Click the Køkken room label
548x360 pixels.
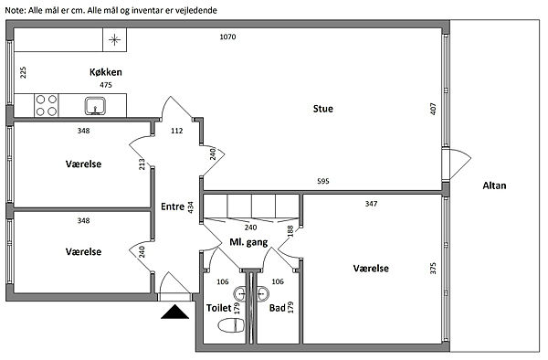click(x=106, y=72)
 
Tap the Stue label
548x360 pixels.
click(x=323, y=109)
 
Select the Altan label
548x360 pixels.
click(x=494, y=185)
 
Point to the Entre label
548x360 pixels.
click(x=173, y=206)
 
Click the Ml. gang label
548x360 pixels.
click(x=248, y=242)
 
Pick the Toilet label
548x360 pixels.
click(x=219, y=308)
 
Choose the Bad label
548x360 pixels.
click(x=278, y=308)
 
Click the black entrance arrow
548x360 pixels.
click(x=174, y=312)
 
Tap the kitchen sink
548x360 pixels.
click(x=95, y=106)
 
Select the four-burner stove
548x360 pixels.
click(x=47, y=106)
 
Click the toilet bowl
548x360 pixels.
click(x=231, y=326)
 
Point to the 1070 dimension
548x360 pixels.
click(x=227, y=37)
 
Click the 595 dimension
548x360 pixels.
click(x=323, y=181)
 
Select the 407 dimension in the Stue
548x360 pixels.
click(x=433, y=109)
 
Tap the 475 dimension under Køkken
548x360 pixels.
click(x=106, y=85)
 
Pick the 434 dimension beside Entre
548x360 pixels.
click(x=191, y=207)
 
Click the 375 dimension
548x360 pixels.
click(x=433, y=269)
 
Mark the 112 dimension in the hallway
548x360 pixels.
click(x=177, y=131)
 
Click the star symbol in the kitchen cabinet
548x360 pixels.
click(x=114, y=40)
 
